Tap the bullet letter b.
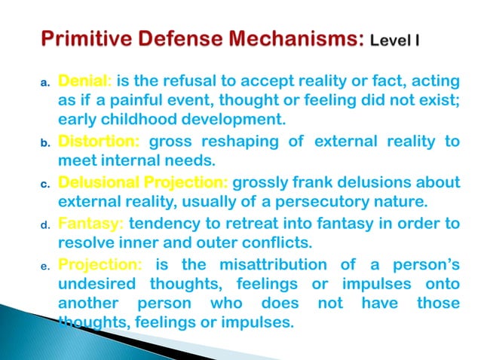point(44,142)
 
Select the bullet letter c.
point(44,183)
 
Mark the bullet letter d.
point(44,224)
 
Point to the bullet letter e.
point(44,265)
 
